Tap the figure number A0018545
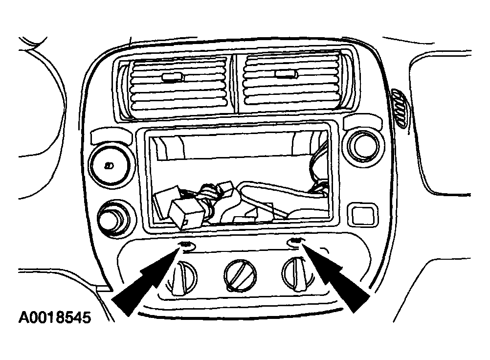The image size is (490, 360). click(x=55, y=317)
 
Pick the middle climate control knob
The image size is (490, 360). click(x=240, y=275)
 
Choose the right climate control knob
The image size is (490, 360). click(x=297, y=274)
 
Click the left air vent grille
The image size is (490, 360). click(x=178, y=84)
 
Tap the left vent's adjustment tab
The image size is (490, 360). click(x=173, y=77)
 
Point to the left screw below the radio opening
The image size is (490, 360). click(x=186, y=244)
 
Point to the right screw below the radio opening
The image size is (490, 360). click(x=295, y=241)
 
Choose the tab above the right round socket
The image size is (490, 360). click(x=362, y=122)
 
